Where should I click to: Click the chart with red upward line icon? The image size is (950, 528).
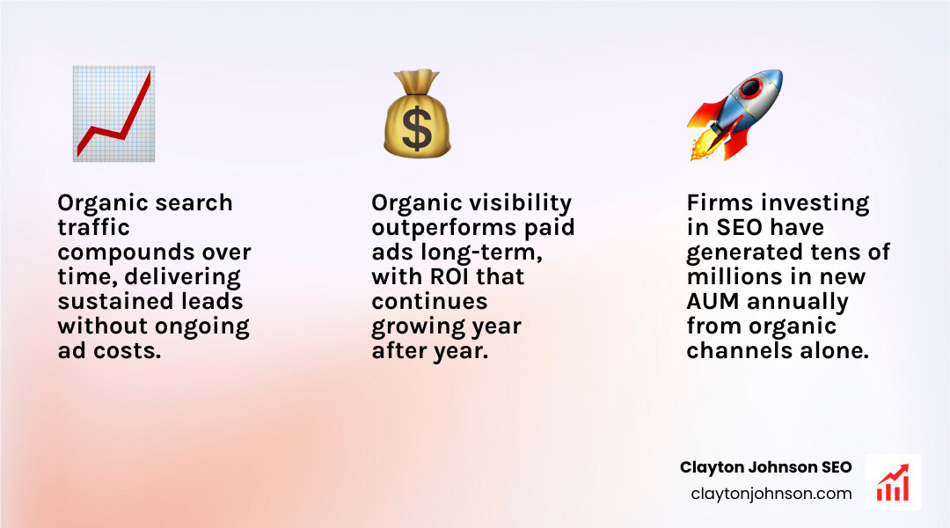[114, 114]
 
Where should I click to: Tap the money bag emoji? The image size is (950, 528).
[416, 115]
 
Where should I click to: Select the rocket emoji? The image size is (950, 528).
[734, 115]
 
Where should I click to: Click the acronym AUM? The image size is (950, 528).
[713, 302]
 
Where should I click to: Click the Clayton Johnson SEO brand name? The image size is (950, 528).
[765, 467]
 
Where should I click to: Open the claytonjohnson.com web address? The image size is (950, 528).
[771, 494]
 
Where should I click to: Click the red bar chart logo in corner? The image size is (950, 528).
[892, 482]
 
